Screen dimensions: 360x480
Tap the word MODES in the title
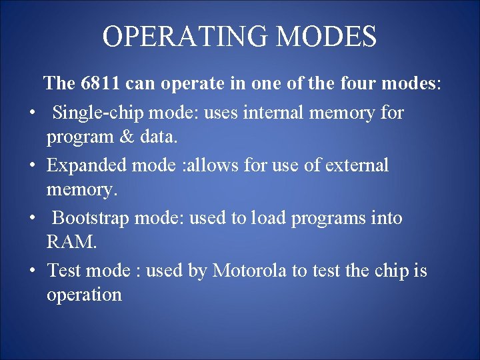[x=326, y=37]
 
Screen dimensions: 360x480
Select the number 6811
[x=100, y=84]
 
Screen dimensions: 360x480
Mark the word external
[x=357, y=165]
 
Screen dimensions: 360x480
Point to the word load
[x=267, y=218]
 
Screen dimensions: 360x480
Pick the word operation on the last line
[x=84, y=295]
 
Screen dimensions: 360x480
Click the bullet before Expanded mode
[x=31, y=165]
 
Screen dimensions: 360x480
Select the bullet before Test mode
[x=31, y=271]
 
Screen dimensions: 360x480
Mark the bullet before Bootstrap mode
[x=31, y=219]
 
